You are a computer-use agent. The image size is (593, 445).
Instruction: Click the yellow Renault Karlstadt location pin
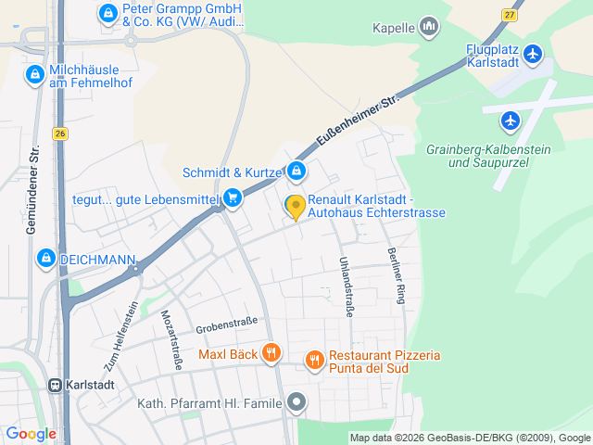tap(295, 207)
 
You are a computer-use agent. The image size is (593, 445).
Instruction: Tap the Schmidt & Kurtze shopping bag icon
tap(296, 172)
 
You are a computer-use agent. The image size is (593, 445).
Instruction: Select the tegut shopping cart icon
tap(233, 197)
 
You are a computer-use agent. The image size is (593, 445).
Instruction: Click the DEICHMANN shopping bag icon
tap(44, 259)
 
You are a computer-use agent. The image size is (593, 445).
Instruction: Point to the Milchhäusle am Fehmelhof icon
tap(35, 73)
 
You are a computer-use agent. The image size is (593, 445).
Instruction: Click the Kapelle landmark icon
tap(428, 28)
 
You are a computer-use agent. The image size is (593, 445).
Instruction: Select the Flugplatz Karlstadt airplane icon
tap(533, 55)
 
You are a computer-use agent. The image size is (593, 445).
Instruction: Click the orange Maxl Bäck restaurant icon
tap(271, 353)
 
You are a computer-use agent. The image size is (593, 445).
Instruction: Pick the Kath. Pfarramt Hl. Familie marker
tap(296, 401)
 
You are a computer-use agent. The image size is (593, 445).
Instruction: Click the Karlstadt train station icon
tap(56, 385)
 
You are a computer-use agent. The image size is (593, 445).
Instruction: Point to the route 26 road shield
tap(61, 134)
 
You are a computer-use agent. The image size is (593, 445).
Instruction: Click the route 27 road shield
tap(509, 15)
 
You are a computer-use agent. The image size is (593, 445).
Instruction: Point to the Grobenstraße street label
tap(226, 325)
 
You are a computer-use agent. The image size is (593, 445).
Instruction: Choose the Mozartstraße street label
tap(171, 340)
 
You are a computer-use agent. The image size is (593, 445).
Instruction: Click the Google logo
tap(31, 433)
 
